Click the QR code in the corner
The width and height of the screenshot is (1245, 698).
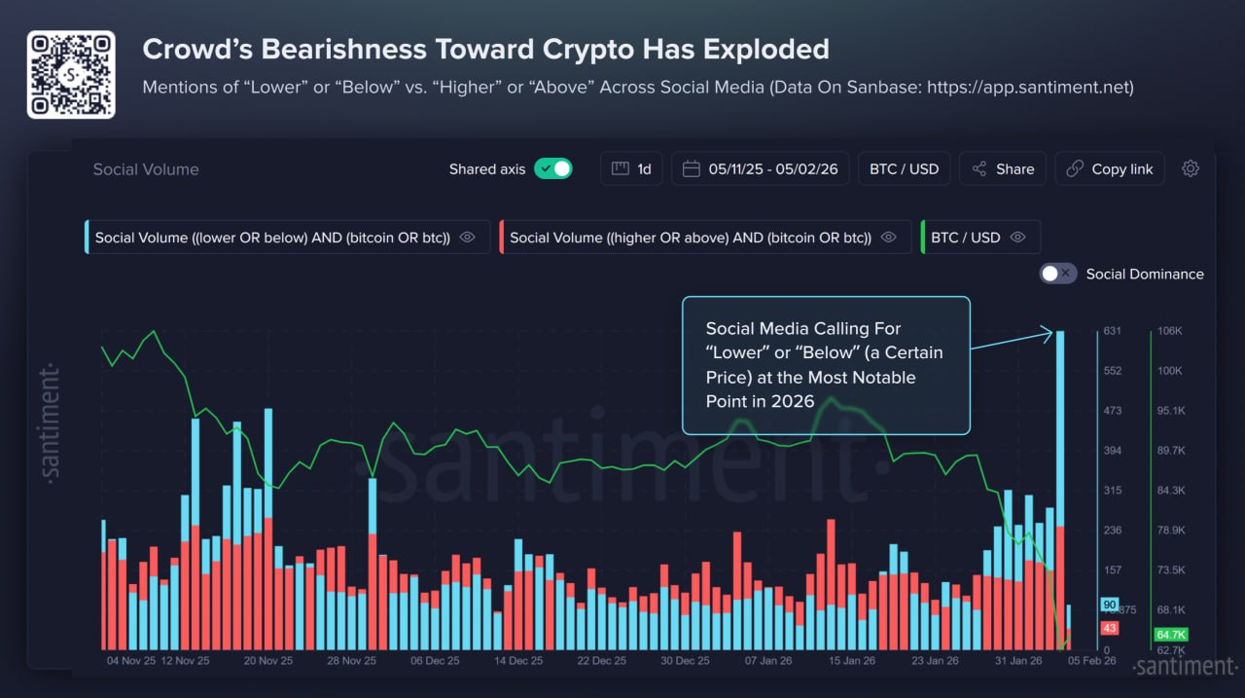(x=71, y=75)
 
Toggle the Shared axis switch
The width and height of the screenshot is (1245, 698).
(x=553, y=168)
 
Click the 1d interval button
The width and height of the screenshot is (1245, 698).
(x=631, y=168)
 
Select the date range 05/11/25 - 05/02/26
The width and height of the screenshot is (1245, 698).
(x=765, y=168)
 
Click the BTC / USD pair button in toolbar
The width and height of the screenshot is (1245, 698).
(x=904, y=168)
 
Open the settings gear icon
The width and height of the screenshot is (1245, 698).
(x=1191, y=168)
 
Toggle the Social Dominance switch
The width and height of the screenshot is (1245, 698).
(x=1057, y=274)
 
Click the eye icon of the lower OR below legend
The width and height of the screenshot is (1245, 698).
(x=467, y=237)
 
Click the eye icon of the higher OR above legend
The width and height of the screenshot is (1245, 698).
(x=888, y=237)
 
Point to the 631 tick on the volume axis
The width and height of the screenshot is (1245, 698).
(x=1113, y=331)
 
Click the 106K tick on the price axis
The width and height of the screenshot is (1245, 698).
(x=1170, y=331)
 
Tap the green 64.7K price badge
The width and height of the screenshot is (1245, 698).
(x=1169, y=635)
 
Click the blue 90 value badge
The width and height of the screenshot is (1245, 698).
(x=1110, y=605)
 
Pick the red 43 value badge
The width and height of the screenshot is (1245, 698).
(x=1110, y=628)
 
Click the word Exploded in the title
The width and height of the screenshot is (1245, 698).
(x=759, y=49)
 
